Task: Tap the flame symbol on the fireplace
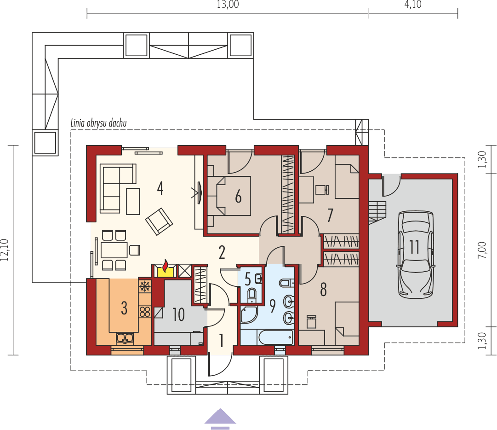166,267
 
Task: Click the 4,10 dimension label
413,6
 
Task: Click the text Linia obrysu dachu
98,123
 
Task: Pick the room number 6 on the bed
238,197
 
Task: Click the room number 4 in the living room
160,188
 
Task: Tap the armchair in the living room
159,221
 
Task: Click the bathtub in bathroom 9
275,337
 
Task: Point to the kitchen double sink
125,339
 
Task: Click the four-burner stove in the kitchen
145,312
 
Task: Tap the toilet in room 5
252,293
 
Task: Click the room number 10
178,315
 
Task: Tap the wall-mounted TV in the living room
199,192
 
